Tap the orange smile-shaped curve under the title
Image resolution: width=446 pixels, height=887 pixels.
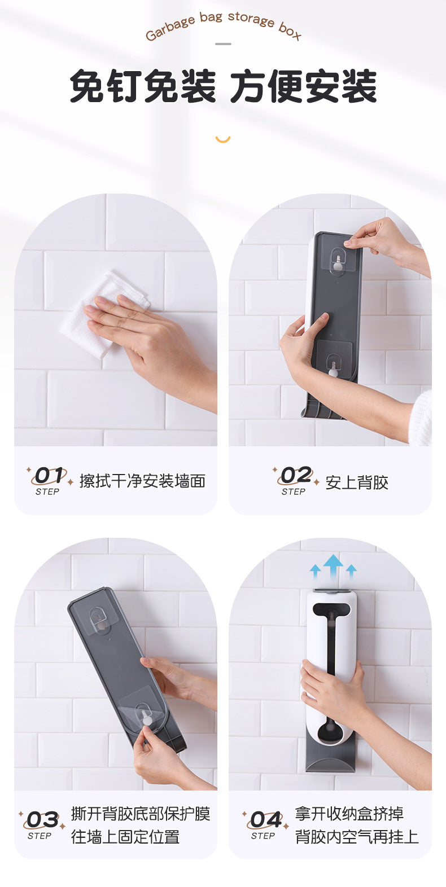coord(222,139)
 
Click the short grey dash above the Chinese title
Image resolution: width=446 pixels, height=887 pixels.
coord(223,43)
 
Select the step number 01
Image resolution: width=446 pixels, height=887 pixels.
coord(49,476)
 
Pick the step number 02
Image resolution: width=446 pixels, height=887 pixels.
coord(295,475)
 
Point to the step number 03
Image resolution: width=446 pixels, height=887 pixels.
coord(42,820)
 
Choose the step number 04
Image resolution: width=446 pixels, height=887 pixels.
coord(265,820)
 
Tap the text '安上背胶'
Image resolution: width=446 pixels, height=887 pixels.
coord(357,482)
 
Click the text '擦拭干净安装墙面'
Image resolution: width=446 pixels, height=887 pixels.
coord(143,481)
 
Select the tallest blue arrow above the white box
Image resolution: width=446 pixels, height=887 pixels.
coord(333,567)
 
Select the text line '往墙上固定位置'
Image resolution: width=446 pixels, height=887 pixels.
coord(125,837)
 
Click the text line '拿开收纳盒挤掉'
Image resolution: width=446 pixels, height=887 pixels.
coord(349,814)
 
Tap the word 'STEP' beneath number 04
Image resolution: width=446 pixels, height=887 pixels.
coord(263,836)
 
